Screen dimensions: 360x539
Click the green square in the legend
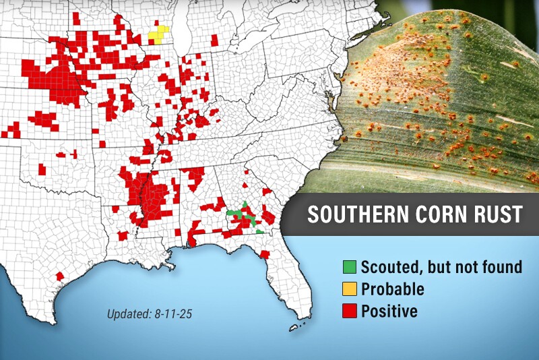[x=350, y=267]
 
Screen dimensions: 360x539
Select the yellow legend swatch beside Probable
[x=350, y=289]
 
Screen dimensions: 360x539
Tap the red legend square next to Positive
[x=350, y=311]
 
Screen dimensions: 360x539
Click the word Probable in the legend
[x=393, y=289]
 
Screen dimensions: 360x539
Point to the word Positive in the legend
[x=389, y=311]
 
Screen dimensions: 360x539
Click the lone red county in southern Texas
[x=60, y=276]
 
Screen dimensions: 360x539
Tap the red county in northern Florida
[x=265, y=255]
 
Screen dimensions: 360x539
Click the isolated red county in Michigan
[x=214, y=40]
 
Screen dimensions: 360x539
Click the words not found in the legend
[x=492, y=267]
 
